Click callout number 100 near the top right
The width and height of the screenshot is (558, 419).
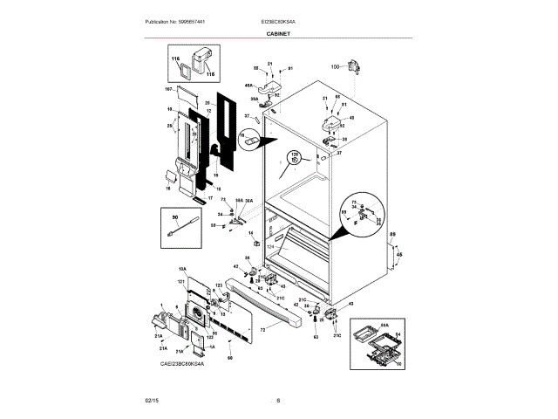pos(336,66)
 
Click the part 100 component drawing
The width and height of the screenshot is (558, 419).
pos(353,67)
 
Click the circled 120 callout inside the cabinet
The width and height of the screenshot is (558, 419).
pos(294,158)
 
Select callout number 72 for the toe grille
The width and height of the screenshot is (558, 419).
pos(262,330)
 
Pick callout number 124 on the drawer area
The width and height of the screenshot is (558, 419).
pos(269,247)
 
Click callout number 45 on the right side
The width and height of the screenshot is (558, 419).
pos(399,256)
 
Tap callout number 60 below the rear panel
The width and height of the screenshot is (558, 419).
pos(230,356)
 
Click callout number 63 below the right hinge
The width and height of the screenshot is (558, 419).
pos(316,334)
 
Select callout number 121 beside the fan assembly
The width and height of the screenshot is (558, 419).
pos(182,282)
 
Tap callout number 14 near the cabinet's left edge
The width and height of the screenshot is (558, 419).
pos(250,233)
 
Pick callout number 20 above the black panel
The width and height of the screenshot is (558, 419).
pos(207,103)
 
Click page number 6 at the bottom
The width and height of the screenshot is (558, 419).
pos(278,400)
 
